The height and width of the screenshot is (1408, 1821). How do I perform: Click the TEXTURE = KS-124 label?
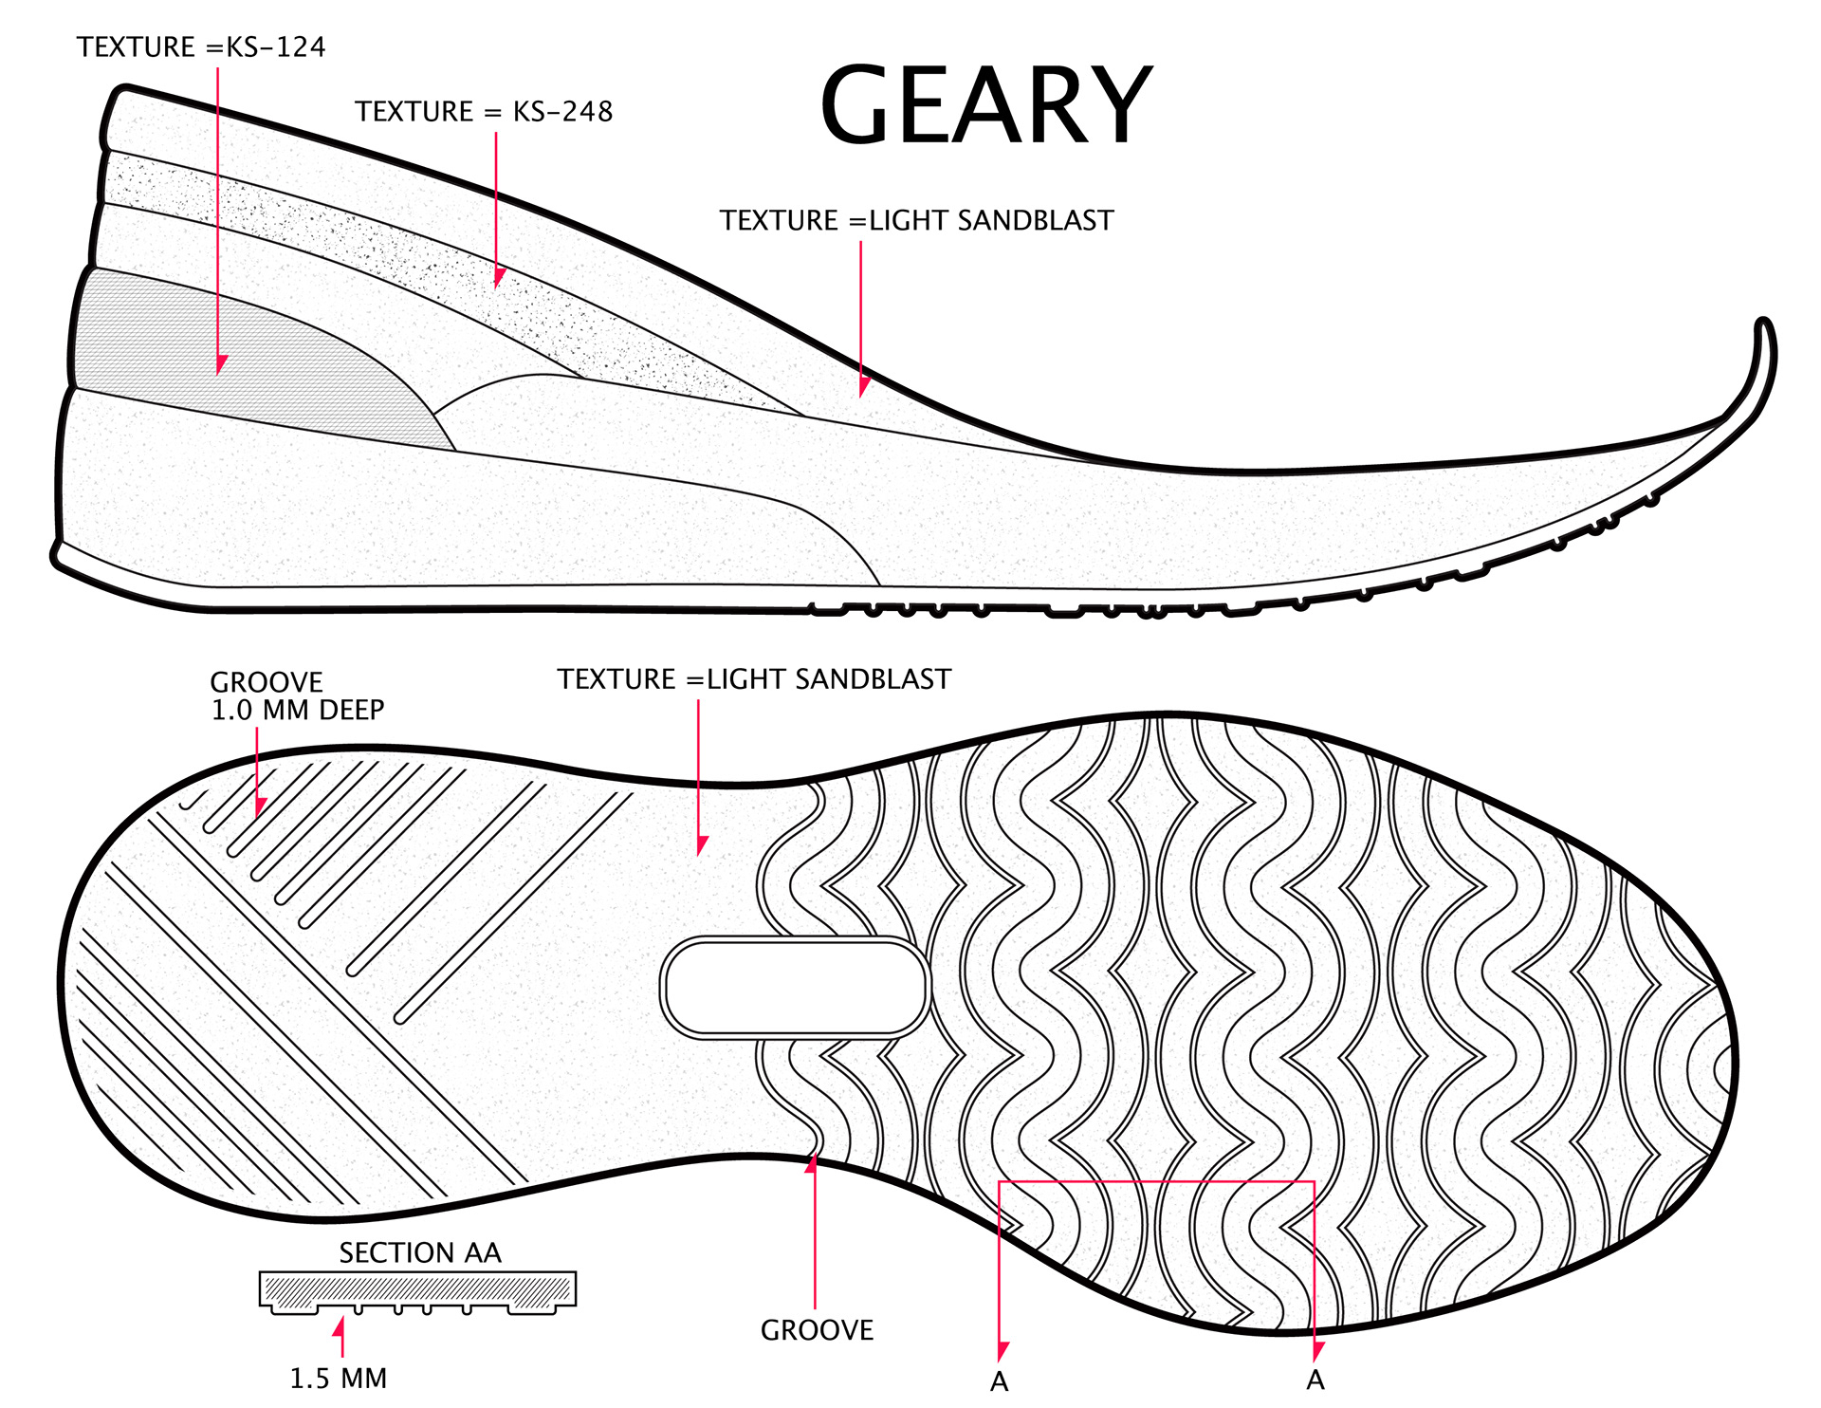[201, 47]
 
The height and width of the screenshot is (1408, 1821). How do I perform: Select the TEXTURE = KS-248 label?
[484, 112]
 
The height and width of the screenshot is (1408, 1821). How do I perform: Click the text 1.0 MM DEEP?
[298, 711]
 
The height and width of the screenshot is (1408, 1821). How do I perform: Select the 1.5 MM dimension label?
[339, 1378]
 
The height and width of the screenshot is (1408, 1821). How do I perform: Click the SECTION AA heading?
[420, 1252]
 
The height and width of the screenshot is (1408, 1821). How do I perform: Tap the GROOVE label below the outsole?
[817, 1330]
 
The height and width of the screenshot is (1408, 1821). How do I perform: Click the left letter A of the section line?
[1000, 1381]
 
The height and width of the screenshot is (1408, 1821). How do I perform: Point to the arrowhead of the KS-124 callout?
[220, 365]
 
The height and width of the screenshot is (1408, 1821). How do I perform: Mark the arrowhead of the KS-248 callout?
[498, 278]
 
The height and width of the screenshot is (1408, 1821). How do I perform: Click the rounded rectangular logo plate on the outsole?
[795, 988]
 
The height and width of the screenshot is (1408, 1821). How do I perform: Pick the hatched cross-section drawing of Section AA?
[417, 1291]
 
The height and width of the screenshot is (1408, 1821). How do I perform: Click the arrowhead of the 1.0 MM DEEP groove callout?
[259, 807]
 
